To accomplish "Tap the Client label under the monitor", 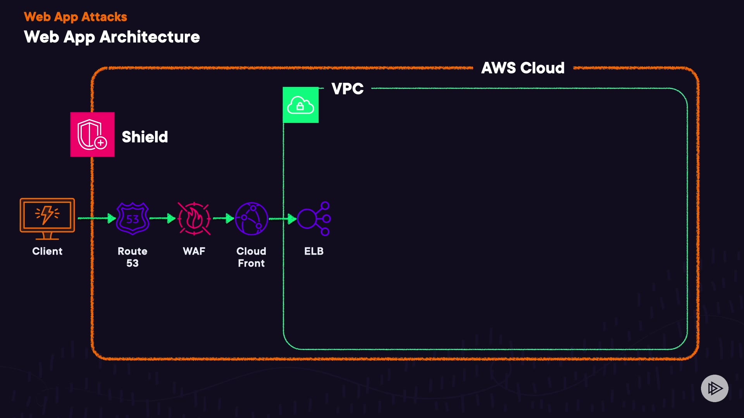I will tap(47, 251).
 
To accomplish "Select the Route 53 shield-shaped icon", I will tap(133, 219).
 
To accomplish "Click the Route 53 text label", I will tap(133, 257).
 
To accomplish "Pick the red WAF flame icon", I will tap(194, 219).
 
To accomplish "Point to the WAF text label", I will tap(194, 251).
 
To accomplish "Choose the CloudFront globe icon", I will tap(251, 219).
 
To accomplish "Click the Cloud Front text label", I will tap(251, 257).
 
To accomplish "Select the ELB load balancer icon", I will tap(314, 219).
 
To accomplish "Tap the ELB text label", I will tap(314, 251).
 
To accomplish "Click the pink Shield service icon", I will tap(92, 134).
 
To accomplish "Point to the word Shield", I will tap(145, 137).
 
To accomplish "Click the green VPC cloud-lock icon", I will tap(301, 105).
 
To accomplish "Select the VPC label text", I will tap(348, 89).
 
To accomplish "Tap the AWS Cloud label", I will tap(523, 68).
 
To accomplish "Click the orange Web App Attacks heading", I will tap(76, 17).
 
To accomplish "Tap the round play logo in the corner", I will tap(715, 388).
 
